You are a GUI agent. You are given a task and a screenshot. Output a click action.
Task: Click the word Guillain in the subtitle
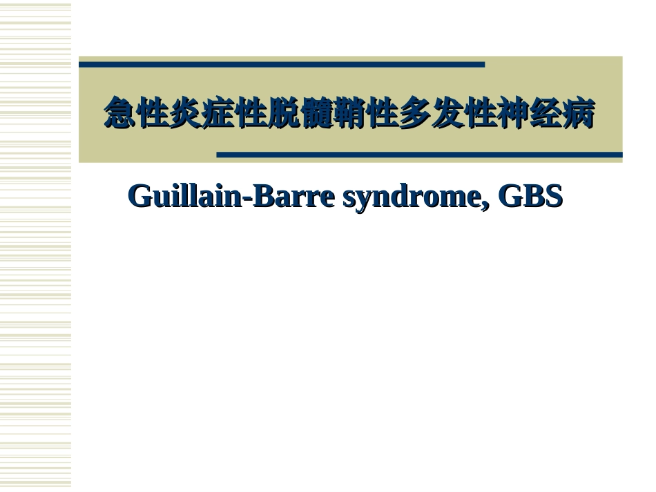183,197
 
